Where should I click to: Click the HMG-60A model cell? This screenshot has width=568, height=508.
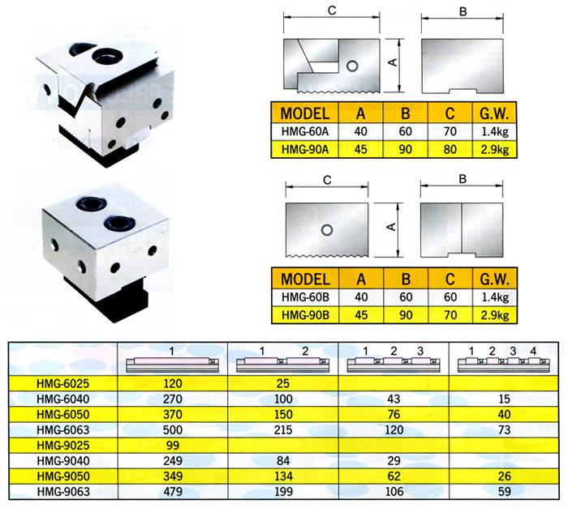(x=304, y=131)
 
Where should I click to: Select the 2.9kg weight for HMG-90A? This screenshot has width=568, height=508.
(x=494, y=149)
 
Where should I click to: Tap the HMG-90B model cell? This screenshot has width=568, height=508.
(x=305, y=315)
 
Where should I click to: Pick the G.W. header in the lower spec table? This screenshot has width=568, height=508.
(x=494, y=280)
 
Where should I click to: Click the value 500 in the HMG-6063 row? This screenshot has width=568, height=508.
(x=172, y=430)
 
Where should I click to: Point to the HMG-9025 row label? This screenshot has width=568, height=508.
(x=63, y=446)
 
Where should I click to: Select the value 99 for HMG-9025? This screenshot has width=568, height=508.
(x=172, y=446)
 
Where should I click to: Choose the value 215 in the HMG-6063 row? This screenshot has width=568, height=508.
(x=283, y=430)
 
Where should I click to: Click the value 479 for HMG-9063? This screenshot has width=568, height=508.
(x=172, y=492)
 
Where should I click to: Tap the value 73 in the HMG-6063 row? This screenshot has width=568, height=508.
(x=504, y=430)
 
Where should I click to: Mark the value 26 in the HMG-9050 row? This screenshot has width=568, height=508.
(x=504, y=476)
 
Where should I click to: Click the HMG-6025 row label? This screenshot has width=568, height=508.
(x=63, y=383)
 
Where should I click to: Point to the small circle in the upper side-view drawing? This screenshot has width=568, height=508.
(x=352, y=66)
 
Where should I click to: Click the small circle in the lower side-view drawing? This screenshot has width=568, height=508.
(x=327, y=230)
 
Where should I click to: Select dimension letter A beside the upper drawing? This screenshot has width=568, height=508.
(x=393, y=62)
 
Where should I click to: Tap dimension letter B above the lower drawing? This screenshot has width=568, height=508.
(x=463, y=179)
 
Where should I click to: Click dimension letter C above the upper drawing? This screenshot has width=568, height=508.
(x=332, y=11)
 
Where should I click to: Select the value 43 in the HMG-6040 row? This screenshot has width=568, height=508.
(x=394, y=399)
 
